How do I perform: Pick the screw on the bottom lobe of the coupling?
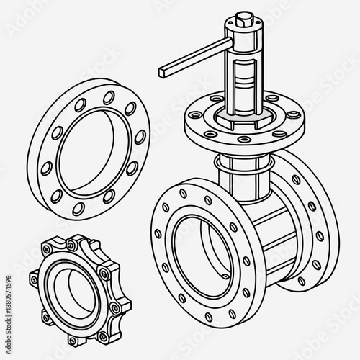pyautogui.click(x=75, y=338)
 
